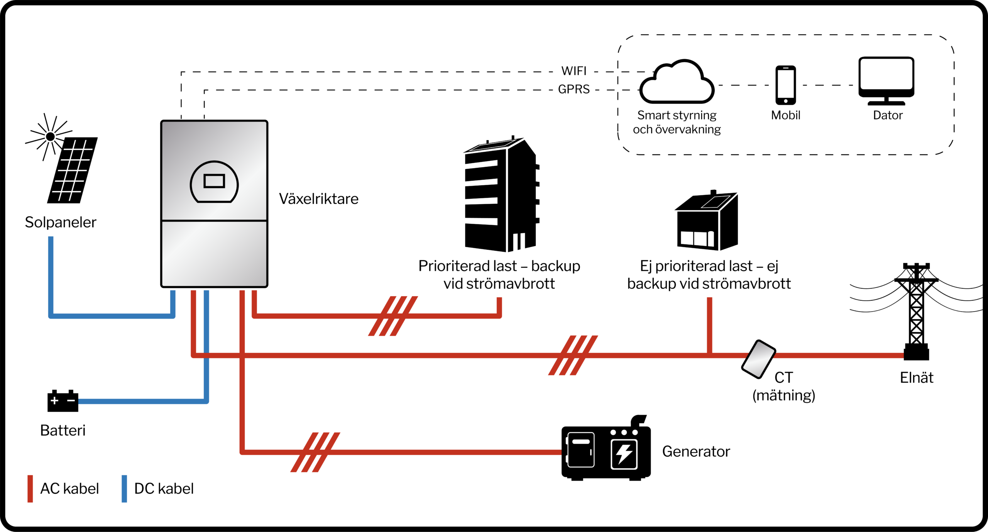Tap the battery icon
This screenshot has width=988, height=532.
click(63, 401)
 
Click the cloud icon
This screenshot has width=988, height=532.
click(677, 83)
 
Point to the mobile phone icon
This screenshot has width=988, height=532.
click(785, 85)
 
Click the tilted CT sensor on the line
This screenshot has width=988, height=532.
click(758, 359)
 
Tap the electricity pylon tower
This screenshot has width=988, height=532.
click(916, 313)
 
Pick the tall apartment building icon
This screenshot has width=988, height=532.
click(501, 195)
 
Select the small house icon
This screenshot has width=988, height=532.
click(707, 222)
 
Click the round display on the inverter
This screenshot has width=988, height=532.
click(214, 182)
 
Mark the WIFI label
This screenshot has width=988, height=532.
click(574, 71)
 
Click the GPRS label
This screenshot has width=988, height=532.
click(574, 90)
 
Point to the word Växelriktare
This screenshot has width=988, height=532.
click(319, 199)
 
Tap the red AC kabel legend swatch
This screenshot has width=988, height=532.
click(30, 489)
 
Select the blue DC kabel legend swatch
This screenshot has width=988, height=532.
click(124, 489)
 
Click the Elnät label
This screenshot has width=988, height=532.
click(917, 378)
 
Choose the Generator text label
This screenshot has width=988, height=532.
click(696, 452)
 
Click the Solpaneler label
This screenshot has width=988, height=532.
click(61, 222)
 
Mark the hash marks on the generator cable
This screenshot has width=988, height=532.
click(315, 452)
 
